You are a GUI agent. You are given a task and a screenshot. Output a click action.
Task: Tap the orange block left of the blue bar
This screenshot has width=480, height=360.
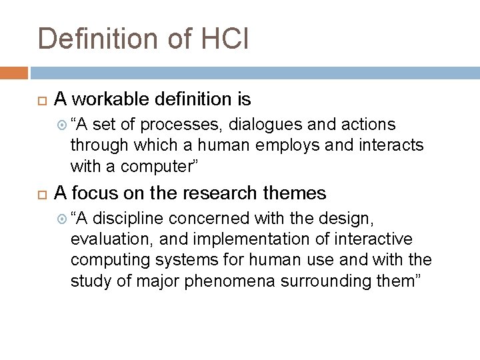14,73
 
